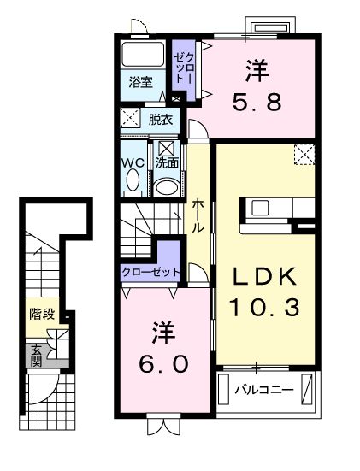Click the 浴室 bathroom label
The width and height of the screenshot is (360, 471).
[x=140, y=83]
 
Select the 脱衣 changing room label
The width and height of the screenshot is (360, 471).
[x=159, y=119]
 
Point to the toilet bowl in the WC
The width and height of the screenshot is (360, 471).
[x=133, y=182]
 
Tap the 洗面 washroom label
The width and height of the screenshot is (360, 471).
[x=166, y=160]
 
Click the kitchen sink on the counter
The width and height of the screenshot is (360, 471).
[x=260, y=208]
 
